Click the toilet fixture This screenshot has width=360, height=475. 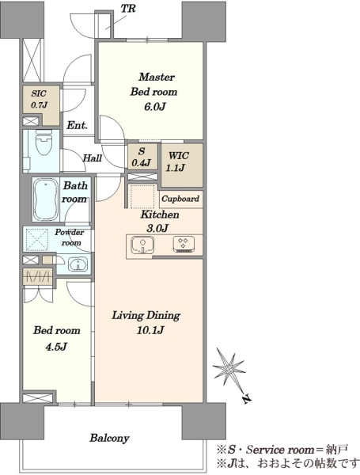point(44,142)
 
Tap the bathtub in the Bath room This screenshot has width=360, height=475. point(45,200)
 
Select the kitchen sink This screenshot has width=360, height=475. point(142,245)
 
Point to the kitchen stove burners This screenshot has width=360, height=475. point(183,244)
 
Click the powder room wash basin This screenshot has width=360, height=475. point(78,264)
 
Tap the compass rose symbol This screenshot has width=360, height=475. point(229,369)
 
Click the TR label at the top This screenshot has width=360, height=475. point(128,9)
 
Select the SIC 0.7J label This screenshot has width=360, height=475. point(40,100)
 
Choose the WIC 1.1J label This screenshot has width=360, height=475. point(179,161)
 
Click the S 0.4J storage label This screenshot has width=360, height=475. point(142,157)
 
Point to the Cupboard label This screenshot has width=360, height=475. point(180,199)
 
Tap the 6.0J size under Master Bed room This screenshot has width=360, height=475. point(154,107)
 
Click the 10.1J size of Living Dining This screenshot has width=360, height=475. point(150,330)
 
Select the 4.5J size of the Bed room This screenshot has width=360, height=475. point(56,346)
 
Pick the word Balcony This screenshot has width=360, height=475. point(109,438)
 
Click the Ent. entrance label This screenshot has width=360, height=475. point(77,125)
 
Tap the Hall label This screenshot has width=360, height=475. point(93,158)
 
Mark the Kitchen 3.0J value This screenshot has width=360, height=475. point(157,228)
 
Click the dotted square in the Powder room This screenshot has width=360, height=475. point(36,240)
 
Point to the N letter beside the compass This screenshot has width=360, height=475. point(247,399)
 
